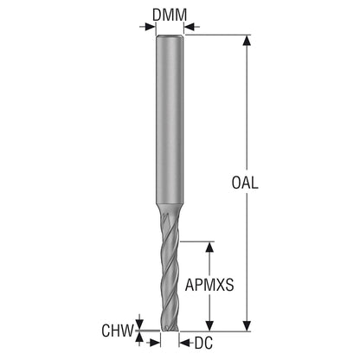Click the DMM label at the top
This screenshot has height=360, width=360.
point(170,15)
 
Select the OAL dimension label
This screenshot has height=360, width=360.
point(245,183)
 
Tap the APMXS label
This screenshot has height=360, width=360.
point(209,285)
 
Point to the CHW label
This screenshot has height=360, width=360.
point(118,331)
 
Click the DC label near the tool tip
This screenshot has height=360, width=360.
point(203,343)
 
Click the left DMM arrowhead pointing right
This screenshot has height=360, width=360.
point(151,27)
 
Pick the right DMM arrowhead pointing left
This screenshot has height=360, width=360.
point(189,27)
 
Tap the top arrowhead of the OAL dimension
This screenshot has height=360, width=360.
point(246,41)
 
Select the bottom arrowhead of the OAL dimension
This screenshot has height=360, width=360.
point(246,325)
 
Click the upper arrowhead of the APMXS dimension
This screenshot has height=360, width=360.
point(209,247)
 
